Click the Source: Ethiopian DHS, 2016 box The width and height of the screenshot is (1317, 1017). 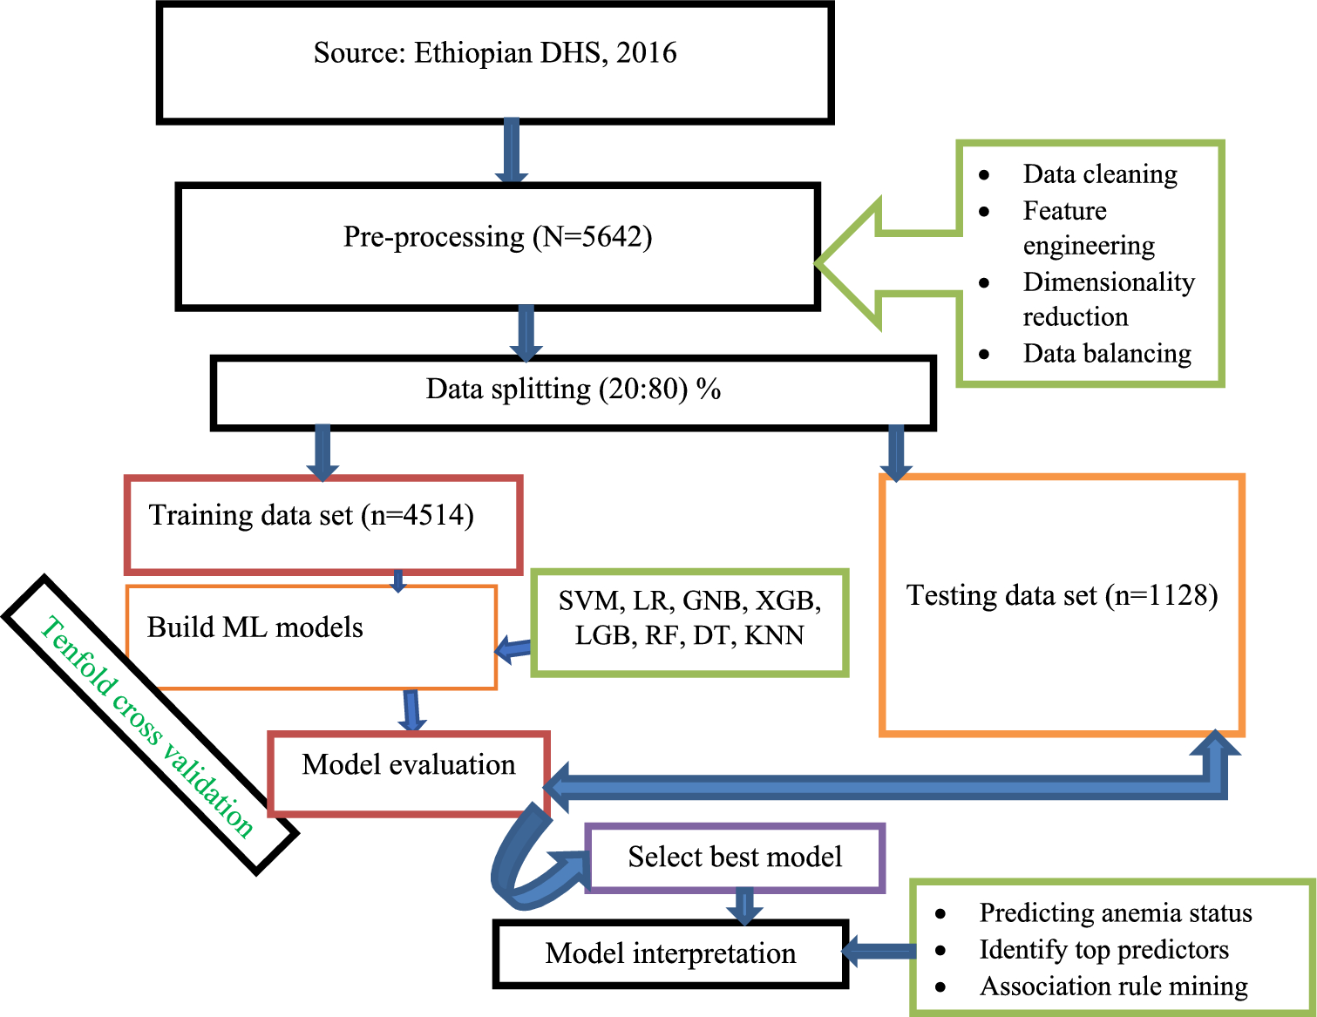[x=495, y=63]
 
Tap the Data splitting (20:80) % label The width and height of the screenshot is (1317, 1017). [x=573, y=389]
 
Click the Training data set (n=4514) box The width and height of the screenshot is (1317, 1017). [x=323, y=523]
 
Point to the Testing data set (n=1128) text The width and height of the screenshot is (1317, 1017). [x=1062, y=595]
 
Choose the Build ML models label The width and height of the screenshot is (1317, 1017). [x=255, y=627]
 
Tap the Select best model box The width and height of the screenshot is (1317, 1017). [x=735, y=858]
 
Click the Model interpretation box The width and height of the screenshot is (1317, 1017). [x=670, y=953]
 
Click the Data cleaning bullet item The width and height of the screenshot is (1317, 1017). [x=1099, y=174]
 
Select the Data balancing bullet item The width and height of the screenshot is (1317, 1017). [x=1106, y=354]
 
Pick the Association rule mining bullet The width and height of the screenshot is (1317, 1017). [x=1113, y=986]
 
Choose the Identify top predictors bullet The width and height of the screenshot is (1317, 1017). [x=1103, y=950]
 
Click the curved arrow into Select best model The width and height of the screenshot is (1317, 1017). [x=523, y=863]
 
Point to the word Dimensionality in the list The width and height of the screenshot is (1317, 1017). [x=1108, y=282]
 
